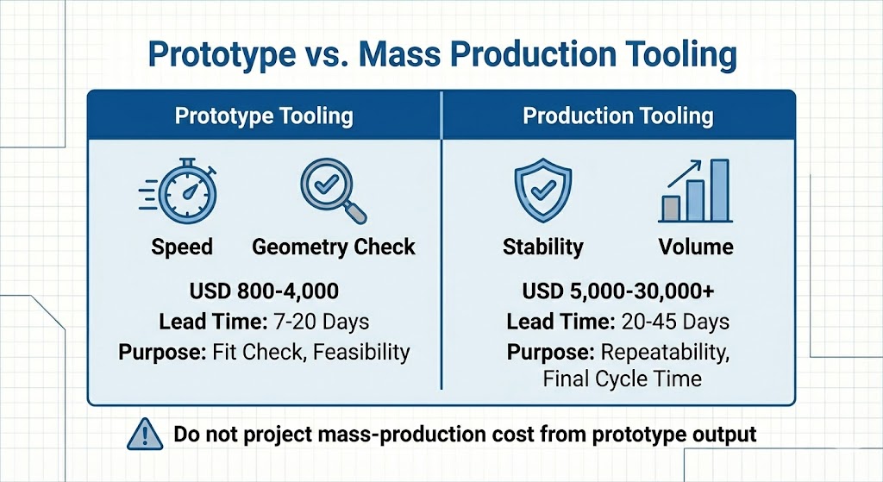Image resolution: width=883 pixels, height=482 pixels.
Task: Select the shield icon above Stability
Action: pos(542,191)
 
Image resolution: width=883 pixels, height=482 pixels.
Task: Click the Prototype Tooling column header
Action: pos(264,116)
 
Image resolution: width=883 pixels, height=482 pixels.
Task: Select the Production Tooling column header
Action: pos(618,116)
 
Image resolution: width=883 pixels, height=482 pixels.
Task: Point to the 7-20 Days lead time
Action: pos(320,322)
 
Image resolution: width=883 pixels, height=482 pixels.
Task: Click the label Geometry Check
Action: pos(333,247)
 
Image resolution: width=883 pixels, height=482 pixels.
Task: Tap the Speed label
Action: pos(181,247)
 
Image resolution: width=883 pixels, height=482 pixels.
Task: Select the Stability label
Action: pos(542,247)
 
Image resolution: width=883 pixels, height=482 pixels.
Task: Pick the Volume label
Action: pos(696,247)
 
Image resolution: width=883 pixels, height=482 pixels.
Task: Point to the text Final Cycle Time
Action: pos(622,378)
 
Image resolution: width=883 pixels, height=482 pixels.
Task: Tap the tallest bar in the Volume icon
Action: pos(719,191)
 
